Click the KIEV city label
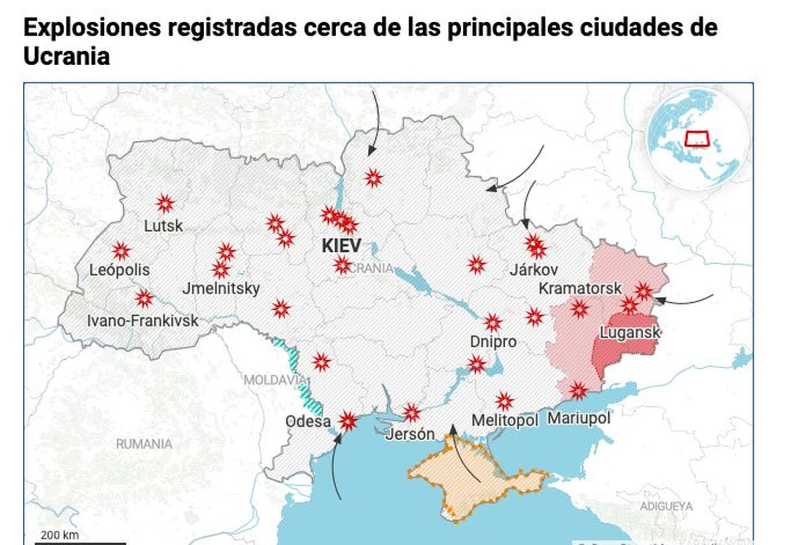pyautogui.click(x=341, y=246)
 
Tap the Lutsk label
pyautogui.click(x=163, y=226)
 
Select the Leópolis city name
pyautogui.click(x=119, y=270)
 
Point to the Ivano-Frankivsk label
pyautogui.click(x=142, y=321)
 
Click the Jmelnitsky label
pyautogui.click(x=221, y=288)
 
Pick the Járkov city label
pyautogui.click(x=533, y=270)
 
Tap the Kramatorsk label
pyautogui.click(x=580, y=288)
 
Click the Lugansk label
pyautogui.click(x=630, y=332)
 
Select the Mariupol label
pyautogui.click(x=578, y=418)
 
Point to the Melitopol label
pyautogui.click(x=504, y=420)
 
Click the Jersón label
pyautogui.click(x=410, y=434)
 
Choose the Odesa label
pyautogui.click(x=308, y=421)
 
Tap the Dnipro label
pyautogui.click(x=493, y=341)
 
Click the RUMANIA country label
pyautogui.click(x=144, y=444)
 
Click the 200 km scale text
pyautogui.click(x=59, y=535)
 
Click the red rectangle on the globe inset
pyautogui.click(x=697, y=139)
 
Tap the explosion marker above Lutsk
pyautogui.click(x=165, y=204)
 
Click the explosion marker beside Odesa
pyautogui.click(x=348, y=421)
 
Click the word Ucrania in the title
pyautogui.click(x=66, y=56)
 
